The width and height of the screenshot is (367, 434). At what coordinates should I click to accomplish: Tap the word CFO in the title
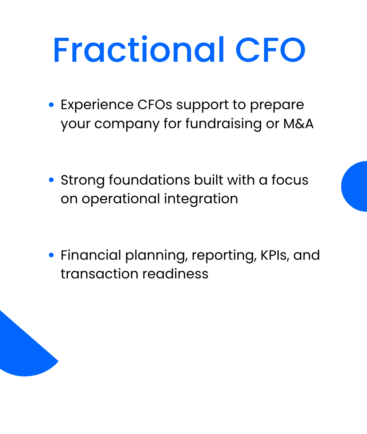(270, 50)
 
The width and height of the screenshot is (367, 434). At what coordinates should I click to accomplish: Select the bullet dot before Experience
(51, 105)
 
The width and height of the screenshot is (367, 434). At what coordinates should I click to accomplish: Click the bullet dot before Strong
(51, 180)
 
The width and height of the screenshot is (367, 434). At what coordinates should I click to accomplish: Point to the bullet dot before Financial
(51, 255)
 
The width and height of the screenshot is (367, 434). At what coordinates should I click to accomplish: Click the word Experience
(97, 105)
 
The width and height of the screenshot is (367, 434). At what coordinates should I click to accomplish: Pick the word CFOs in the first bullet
(155, 105)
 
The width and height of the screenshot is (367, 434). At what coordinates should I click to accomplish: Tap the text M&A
(298, 124)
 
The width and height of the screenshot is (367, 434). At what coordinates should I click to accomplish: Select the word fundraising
(224, 124)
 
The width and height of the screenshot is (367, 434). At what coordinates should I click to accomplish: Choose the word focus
(290, 180)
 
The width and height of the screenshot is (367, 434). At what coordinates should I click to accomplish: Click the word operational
(121, 199)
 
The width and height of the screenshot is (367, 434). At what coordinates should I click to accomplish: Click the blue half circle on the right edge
(355, 186)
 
